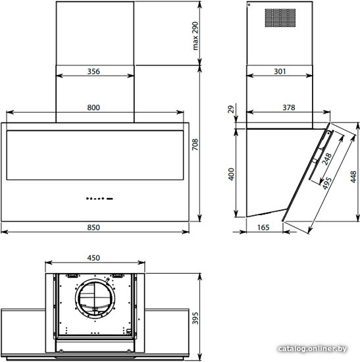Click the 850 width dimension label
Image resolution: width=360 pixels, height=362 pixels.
[x=93, y=228]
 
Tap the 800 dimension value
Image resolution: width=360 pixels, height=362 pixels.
[x=93, y=107]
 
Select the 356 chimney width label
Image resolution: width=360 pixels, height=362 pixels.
[x=93, y=71]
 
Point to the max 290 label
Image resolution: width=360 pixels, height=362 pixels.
[x=195, y=36]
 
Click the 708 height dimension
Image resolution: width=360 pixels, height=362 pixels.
[x=195, y=145]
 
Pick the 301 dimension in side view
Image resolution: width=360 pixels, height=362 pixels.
[x=280, y=71]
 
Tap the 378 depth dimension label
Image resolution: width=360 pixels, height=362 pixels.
[x=289, y=107]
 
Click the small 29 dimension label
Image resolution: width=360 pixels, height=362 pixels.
[x=231, y=109]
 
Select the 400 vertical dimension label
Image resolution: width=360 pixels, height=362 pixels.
[x=231, y=174]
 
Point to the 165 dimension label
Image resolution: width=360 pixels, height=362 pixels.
[x=263, y=228]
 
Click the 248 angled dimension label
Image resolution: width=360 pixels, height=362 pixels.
[x=326, y=159]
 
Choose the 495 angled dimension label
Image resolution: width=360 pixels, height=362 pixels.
[x=326, y=184]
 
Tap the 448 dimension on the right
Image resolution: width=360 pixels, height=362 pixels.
[x=353, y=176]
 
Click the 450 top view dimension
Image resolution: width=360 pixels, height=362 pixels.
[x=93, y=258]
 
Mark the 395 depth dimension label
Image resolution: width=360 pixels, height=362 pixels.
[x=195, y=318]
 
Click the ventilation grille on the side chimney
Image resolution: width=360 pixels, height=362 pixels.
[x=280, y=18]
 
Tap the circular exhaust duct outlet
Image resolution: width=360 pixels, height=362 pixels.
[x=95, y=299]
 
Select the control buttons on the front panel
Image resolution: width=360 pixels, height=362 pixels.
[x=99, y=198]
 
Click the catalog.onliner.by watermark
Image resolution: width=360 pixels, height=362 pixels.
[x=313, y=349]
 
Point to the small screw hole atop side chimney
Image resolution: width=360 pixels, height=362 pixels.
[x=249, y=5]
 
